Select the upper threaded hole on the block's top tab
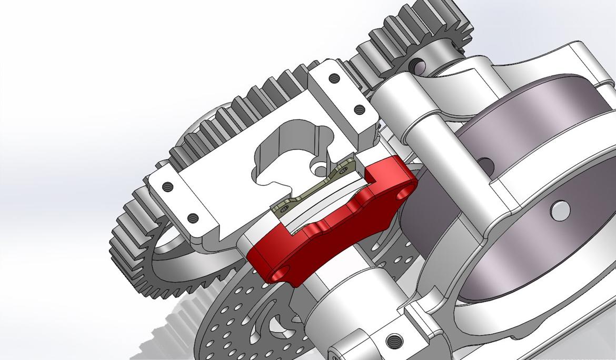point(333,78)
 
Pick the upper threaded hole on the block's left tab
point(167,186)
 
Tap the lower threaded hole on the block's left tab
point(192,217)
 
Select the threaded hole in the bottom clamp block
point(392,341)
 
